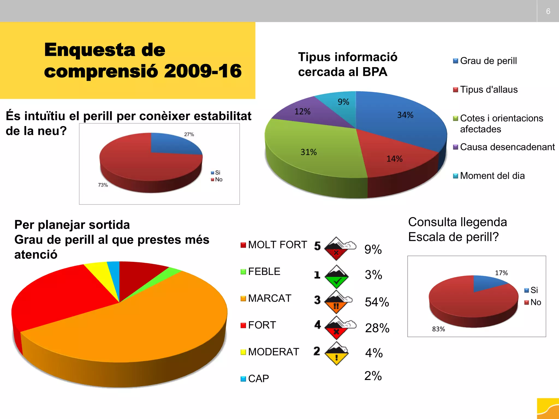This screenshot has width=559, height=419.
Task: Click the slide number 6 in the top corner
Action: click(548, 11)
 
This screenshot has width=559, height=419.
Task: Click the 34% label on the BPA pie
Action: click(405, 115)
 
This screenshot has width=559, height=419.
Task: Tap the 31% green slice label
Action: click(308, 152)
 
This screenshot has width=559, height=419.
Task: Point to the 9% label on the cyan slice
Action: click(343, 102)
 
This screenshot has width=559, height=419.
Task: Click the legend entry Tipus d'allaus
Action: click(489, 89)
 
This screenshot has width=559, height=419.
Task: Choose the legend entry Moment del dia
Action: click(492, 176)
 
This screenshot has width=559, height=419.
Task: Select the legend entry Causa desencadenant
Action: click(507, 147)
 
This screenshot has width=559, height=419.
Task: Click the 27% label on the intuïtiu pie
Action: click(189, 134)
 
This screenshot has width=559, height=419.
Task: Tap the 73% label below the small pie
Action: click(103, 185)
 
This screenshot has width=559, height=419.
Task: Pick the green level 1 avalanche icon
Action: click(337, 277)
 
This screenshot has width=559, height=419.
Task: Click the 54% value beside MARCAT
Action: click(377, 302)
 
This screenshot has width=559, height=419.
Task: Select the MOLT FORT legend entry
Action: click(277, 245)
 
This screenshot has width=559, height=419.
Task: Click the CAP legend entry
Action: click(258, 379)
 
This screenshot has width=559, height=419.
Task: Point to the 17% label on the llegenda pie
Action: click(501, 273)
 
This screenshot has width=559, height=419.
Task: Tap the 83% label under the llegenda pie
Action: click(438, 329)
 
